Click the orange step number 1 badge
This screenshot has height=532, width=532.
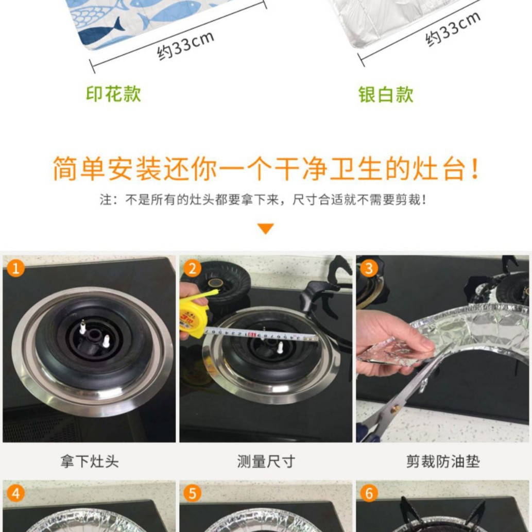(16, 268)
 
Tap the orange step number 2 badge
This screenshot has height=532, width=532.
(192, 268)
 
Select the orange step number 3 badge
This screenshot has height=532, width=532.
(369, 268)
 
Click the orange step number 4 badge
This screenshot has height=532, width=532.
(16, 493)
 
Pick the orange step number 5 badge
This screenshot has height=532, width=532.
(192, 493)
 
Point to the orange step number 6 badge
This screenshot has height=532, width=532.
(369, 493)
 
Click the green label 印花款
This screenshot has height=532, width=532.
(113, 94)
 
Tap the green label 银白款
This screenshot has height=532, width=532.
(386, 94)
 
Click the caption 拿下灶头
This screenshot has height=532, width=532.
(89, 461)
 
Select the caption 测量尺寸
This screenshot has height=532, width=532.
(266, 461)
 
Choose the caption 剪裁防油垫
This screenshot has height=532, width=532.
(442, 461)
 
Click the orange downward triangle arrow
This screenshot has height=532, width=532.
(266, 229)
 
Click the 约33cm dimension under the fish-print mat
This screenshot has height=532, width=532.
(185, 45)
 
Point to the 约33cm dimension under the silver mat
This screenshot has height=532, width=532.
(453, 29)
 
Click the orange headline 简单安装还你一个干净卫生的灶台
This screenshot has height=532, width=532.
(266, 169)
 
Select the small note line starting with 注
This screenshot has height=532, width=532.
(263, 200)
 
